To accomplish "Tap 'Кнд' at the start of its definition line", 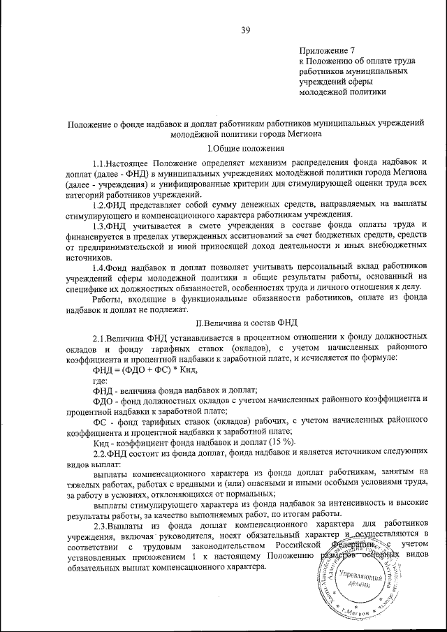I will point(102,443).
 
